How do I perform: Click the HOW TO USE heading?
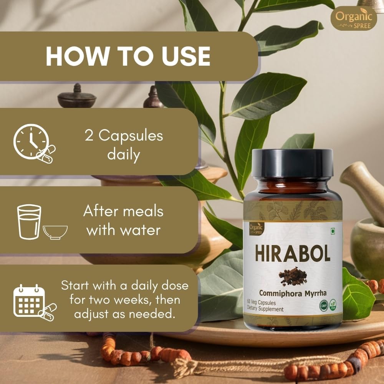click(128, 56)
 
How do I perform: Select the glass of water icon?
click(29, 222)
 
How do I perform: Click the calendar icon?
click(27, 300)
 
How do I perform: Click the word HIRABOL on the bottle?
click(293, 253)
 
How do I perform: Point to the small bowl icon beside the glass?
click(55, 231)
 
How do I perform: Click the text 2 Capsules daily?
click(124, 145)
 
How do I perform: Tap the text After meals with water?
click(124, 221)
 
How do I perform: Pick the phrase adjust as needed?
click(125, 314)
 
